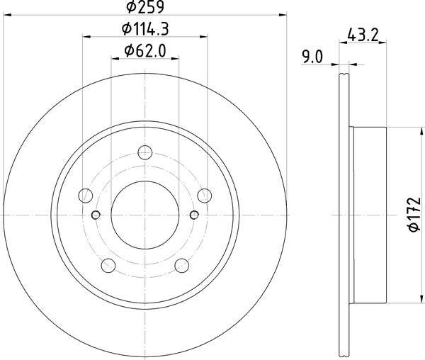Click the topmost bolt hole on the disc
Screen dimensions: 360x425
click(x=145, y=152)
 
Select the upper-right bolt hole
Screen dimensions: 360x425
click(x=205, y=195)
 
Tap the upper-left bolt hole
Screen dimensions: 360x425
click(x=86, y=195)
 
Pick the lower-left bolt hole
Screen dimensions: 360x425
click(x=108, y=265)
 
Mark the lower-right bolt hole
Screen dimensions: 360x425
click(x=182, y=265)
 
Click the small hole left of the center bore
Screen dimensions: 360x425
click(x=97, y=215)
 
